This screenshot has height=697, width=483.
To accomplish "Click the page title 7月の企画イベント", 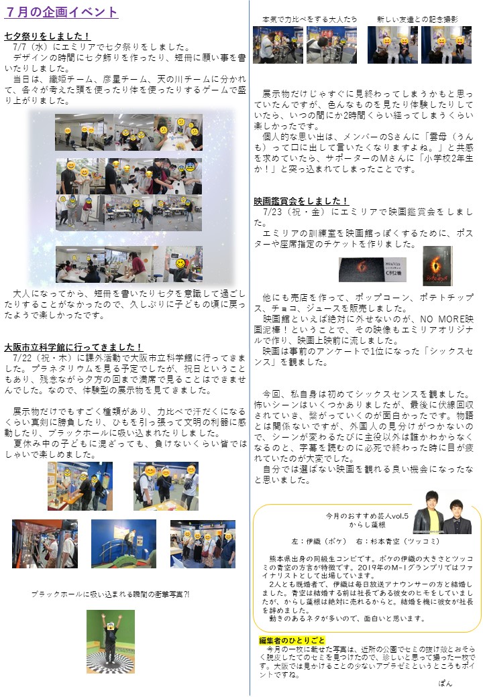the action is (61, 11).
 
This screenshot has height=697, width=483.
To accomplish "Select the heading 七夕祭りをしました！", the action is (48, 36).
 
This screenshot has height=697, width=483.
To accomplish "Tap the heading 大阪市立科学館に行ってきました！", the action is (73, 346).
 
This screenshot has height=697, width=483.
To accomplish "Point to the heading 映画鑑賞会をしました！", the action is (301, 201).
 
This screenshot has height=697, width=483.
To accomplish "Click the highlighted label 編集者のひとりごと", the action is (292, 640).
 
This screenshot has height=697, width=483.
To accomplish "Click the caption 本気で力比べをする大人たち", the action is (309, 19).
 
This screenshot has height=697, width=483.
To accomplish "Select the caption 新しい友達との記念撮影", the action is (417, 19).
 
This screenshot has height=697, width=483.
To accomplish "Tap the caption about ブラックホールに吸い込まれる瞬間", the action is (110, 594).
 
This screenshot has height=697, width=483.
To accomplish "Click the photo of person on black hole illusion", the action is (110, 641).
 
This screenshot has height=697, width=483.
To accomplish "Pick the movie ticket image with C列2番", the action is (373, 270).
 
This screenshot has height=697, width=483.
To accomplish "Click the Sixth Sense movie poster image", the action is (437, 266).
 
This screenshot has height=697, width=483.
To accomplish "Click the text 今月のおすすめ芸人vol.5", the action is (367, 515).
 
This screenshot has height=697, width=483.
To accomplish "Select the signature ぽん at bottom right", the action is (445, 683).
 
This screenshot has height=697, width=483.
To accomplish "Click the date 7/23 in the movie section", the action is (272, 212).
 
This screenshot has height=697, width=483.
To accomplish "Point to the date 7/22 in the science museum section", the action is (23, 358).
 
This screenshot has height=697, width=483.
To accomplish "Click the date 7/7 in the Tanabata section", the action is (20, 47).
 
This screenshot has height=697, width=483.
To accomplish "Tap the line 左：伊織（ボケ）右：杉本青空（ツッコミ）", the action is (366, 541).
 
